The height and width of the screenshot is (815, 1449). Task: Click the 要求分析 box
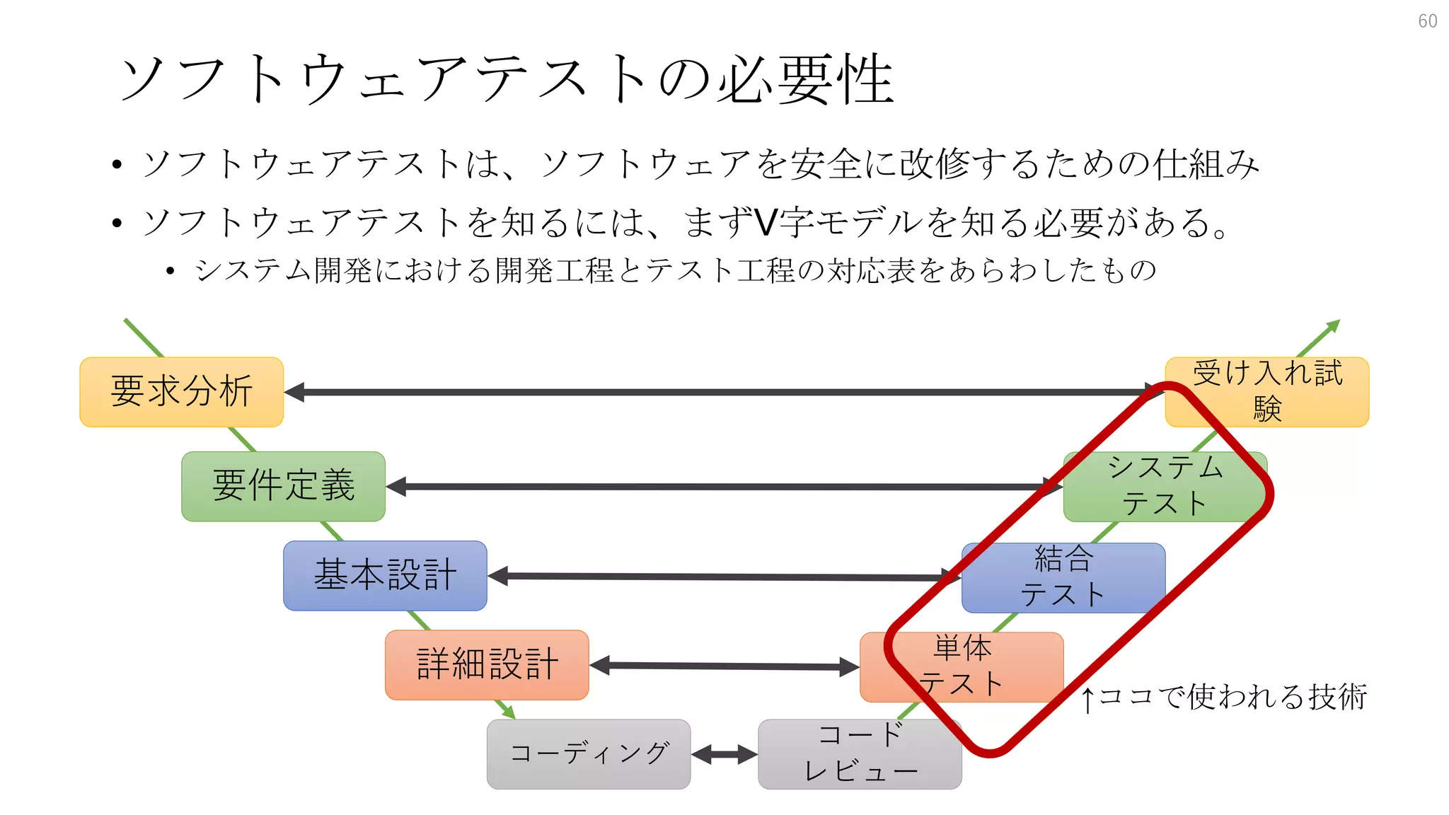tap(181, 392)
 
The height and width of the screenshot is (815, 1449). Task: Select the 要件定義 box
tap(283, 487)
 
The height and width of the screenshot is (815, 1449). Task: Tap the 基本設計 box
tap(385, 575)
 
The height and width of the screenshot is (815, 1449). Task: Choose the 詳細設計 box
tap(487, 665)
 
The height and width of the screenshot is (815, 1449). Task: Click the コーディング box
tap(589, 754)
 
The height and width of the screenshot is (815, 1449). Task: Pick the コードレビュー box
tap(860, 754)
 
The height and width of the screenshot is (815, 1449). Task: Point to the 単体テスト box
tap(962, 666)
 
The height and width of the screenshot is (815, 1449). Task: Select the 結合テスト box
tap(1063, 577)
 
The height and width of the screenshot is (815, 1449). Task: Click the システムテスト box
tap(1165, 487)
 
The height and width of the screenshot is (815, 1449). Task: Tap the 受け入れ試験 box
tap(1266, 392)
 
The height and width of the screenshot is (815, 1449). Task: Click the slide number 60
tap(1427, 21)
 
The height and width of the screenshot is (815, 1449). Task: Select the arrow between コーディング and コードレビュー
tap(724, 754)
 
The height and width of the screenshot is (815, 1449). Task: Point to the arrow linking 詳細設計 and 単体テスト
tap(724, 666)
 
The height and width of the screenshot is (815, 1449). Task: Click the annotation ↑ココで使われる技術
tap(1224, 698)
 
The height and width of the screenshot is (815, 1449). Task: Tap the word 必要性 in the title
tap(807, 79)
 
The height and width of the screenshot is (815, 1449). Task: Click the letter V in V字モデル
tap(766, 222)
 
